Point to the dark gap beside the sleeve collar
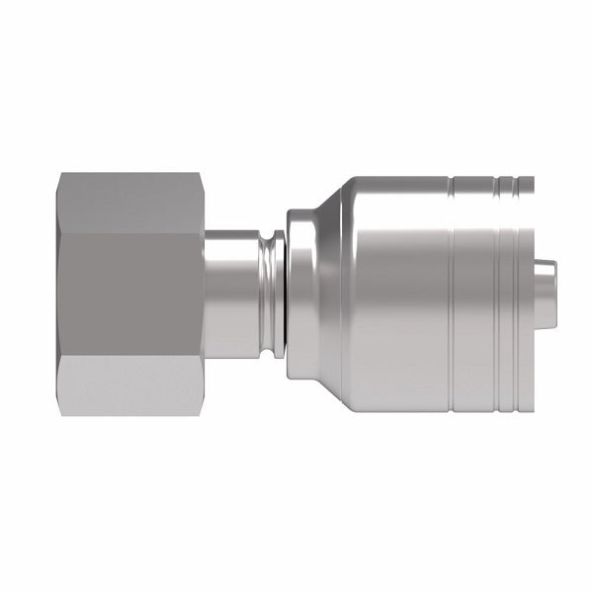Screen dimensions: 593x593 283,296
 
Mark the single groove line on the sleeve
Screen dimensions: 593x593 450,296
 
